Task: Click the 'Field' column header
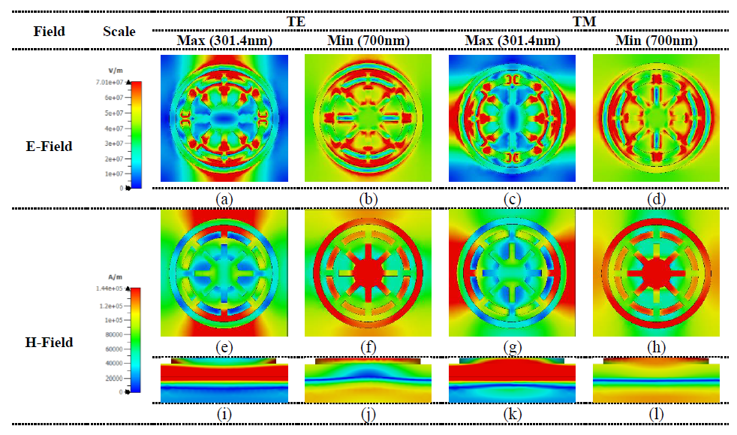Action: click(50, 32)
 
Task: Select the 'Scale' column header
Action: click(119, 32)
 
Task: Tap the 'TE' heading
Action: click(296, 22)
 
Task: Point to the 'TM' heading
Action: click(585, 22)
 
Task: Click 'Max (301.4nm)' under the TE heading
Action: click(224, 41)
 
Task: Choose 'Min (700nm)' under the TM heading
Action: click(656, 41)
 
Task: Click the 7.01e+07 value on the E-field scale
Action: click(116, 82)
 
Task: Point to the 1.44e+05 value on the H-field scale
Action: click(116, 289)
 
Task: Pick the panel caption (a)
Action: click(224, 199)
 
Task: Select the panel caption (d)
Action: click(656, 199)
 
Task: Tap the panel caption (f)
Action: click(368, 347)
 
